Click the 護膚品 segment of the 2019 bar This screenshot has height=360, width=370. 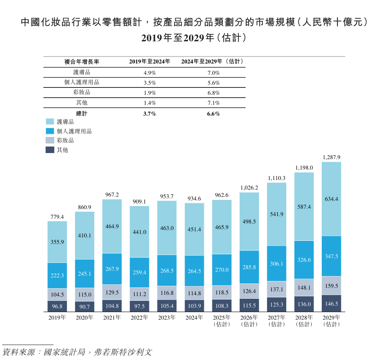[x=57, y=242]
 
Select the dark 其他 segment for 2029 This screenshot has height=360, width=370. [x=331, y=303]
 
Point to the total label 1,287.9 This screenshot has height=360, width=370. [x=331, y=157]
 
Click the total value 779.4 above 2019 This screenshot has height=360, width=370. [x=57, y=217]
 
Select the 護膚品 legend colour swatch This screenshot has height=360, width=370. [x=50, y=122]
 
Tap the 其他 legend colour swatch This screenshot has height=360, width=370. [x=50, y=150]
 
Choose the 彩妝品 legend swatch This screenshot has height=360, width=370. [x=50, y=140]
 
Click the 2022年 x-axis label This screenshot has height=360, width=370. [x=139, y=318]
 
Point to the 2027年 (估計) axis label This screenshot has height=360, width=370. [x=277, y=321]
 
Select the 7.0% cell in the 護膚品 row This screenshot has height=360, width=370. [x=214, y=73]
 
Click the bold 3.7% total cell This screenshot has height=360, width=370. [x=149, y=113]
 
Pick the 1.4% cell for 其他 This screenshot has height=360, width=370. [x=149, y=103]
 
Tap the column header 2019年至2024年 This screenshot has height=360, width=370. [x=149, y=62]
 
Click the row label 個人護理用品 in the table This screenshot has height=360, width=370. [x=82, y=83]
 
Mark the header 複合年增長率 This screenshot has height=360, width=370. [x=82, y=62]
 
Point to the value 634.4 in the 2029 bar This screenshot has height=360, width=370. [x=331, y=199]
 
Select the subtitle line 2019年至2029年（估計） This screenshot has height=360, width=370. [x=194, y=38]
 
